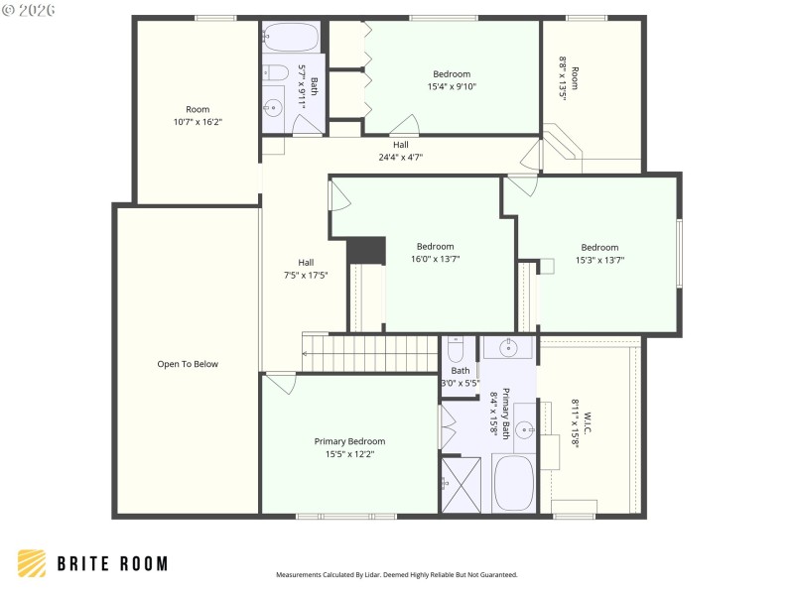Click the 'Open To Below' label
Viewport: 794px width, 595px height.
188,364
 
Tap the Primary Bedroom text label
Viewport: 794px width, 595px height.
349,441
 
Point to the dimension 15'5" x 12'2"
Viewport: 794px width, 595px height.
349,453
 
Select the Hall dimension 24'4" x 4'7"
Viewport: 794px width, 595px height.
400,157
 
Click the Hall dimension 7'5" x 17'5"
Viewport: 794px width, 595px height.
306,275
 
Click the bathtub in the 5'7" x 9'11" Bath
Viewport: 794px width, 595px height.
291,39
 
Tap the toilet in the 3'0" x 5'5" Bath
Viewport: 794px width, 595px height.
457,350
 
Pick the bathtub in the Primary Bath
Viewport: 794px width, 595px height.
513,483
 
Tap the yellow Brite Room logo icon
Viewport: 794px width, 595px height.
32,563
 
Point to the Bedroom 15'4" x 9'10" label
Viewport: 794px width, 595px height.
452,74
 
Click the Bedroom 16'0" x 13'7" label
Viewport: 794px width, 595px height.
435,247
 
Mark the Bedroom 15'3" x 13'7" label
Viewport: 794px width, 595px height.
599,248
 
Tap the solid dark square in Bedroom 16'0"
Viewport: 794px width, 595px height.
365,250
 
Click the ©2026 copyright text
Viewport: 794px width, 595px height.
29,10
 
